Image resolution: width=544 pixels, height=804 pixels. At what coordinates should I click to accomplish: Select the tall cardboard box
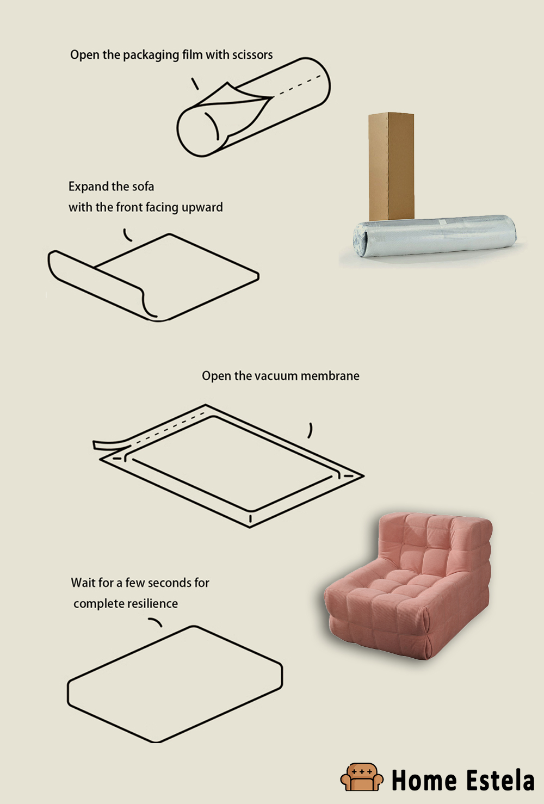point(391,166)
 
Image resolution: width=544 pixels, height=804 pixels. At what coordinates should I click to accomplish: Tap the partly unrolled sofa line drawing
point(158,275)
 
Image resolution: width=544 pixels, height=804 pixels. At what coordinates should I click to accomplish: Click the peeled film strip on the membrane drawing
point(109,444)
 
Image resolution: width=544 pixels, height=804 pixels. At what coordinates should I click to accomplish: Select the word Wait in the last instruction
point(82,583)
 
